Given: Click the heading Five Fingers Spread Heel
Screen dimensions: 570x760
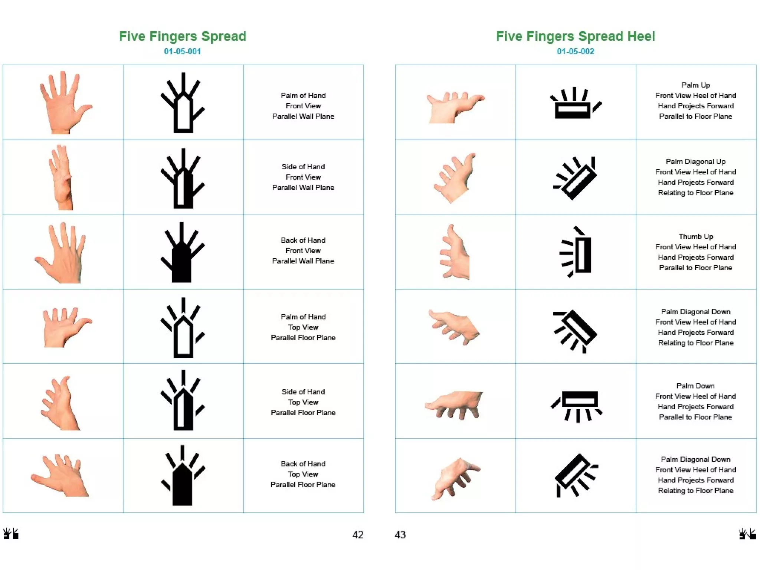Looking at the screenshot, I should [575, 36].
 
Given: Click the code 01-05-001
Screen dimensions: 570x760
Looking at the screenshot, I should [182, 52].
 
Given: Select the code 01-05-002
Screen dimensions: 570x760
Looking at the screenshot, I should [575, 52].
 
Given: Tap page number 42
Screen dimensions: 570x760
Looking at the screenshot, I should [358, 535].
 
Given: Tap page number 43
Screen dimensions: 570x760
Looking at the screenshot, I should [400, 535].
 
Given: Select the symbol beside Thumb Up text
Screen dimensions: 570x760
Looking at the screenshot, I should [576, 252].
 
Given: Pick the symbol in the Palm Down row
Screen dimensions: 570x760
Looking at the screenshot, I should [576, 406].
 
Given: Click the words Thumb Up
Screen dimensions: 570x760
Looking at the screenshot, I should [696, 236].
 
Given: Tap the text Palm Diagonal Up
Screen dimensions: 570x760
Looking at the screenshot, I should [695, 161].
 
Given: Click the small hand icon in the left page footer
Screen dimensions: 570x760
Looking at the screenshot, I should [11, 534].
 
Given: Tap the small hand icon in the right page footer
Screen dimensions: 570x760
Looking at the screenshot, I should [747, 534].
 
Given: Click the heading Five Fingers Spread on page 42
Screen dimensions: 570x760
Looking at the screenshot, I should [182, 36].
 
